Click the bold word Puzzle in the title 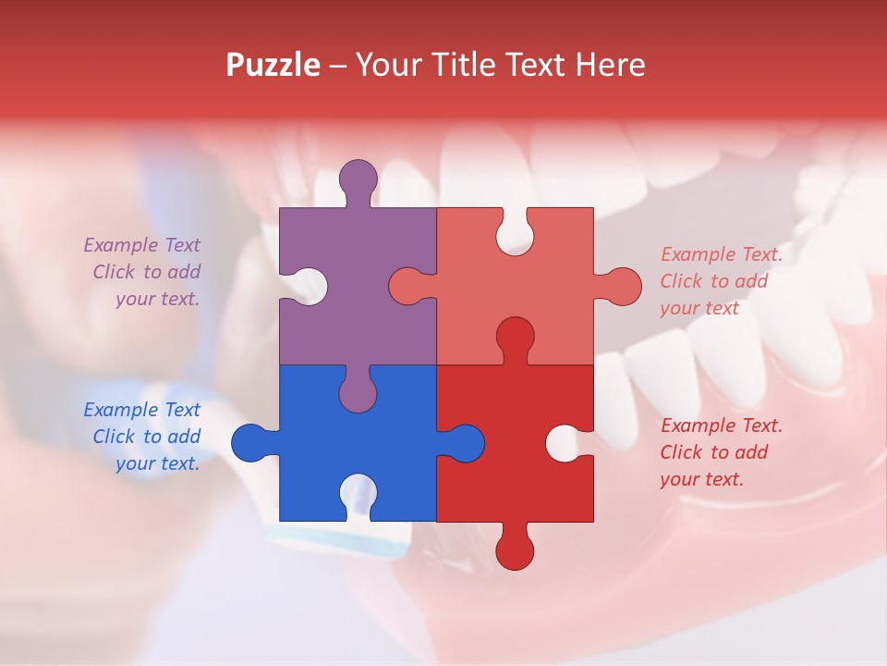point(273,65)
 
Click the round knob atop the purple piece point(358,178)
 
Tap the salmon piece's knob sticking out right point(624,286)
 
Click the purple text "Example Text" point(141,245)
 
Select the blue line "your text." point(157,463)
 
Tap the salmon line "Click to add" point(713,281)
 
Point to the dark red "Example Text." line point(721,425)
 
